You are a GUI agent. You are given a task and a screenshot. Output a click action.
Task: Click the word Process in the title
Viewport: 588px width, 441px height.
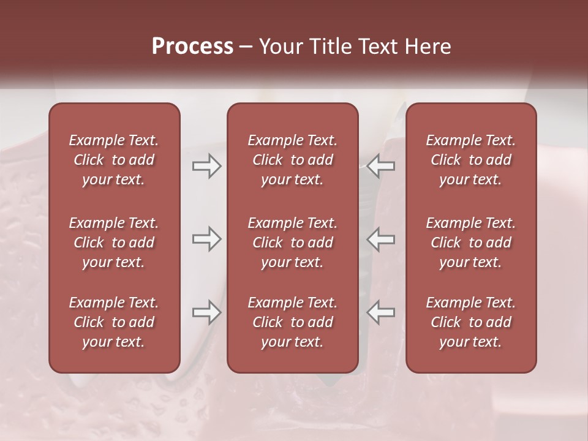(x=192, y=47)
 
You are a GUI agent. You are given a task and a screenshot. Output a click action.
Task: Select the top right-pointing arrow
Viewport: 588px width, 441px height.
(x=206, y=166)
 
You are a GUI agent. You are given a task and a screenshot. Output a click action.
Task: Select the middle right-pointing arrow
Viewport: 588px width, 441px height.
(x=206, y=239)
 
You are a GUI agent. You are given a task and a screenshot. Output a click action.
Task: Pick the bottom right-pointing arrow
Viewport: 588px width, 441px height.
(x=206, y=312)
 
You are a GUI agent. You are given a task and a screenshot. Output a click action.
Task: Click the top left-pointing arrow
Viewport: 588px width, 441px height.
(x=381, y=166)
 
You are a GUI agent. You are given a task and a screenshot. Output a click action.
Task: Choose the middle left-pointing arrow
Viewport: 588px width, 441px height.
(x=381, y=239)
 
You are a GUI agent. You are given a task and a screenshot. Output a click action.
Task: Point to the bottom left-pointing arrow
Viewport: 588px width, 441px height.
(x=381, y=312)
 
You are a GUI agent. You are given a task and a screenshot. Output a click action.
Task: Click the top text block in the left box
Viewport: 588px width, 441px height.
(x=114, y=160)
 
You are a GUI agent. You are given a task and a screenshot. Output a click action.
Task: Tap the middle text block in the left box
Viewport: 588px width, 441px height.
(x=114, y=243)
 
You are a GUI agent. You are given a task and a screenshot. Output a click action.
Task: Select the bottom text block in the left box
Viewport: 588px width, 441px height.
(x=114, y=322)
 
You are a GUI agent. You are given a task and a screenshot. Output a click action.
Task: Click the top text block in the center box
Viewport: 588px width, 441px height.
(x=292, y=160)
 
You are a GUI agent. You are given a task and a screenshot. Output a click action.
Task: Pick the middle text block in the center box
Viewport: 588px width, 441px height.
(x=292, y=243)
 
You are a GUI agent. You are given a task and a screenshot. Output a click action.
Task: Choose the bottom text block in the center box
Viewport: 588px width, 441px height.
(x=292, y=322)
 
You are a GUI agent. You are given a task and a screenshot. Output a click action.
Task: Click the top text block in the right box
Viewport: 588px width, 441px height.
(x=470, y=160)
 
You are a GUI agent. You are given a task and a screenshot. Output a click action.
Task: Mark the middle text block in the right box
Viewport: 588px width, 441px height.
(x=470, y=243)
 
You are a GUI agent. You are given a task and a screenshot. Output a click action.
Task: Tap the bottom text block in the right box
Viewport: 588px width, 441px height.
(x=470, y=322)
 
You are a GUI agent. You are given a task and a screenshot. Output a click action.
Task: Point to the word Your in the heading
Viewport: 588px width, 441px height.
(x=281, y=47)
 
